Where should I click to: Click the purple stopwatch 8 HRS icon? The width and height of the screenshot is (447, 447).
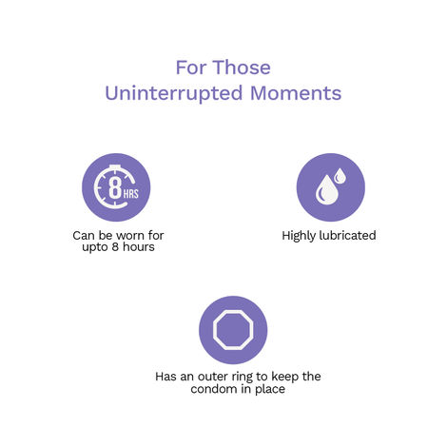[116, 187]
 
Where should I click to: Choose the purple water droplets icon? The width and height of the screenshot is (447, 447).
[330, 187]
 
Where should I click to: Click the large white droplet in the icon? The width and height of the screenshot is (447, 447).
[325, 192]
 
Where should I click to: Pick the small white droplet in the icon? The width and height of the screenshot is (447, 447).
[341, 176]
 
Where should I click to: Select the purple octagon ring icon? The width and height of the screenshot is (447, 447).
[233, 329]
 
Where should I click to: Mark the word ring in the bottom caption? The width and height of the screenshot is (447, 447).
[250, 377]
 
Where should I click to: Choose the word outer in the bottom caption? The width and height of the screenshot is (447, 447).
[219, 377]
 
